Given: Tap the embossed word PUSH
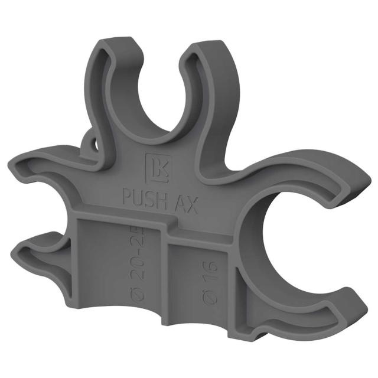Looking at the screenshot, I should click(141, 195).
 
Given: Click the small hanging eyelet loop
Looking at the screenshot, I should click(90, 143).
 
